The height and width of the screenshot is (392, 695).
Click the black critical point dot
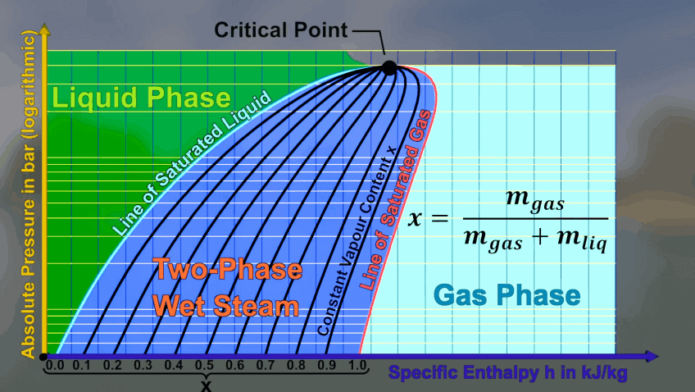coord(389,68)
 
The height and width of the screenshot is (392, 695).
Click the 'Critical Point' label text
coord(281,30)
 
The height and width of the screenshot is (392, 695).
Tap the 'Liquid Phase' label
coord(142,98)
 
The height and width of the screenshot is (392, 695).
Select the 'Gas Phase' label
coord(506,295)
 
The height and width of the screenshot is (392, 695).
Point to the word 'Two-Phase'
coord(228,270)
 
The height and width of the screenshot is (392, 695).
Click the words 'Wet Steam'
coord(225,306)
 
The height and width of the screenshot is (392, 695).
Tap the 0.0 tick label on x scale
coord(55,366)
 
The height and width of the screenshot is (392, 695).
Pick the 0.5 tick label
coord(204,366)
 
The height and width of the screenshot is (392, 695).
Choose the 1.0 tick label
coord(357,366)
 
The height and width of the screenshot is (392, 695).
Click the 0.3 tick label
coord(143,366)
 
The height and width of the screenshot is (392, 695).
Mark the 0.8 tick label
coord(296,366)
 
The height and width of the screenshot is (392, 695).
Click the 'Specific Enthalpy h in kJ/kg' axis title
coord(508,373)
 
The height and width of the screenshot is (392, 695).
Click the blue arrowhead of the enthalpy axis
coord(652,356)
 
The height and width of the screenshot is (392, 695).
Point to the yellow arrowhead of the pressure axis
coord(44,30)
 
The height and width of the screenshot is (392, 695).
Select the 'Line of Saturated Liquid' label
coord(192,163)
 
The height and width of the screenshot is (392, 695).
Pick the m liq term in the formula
coord(582,240)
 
